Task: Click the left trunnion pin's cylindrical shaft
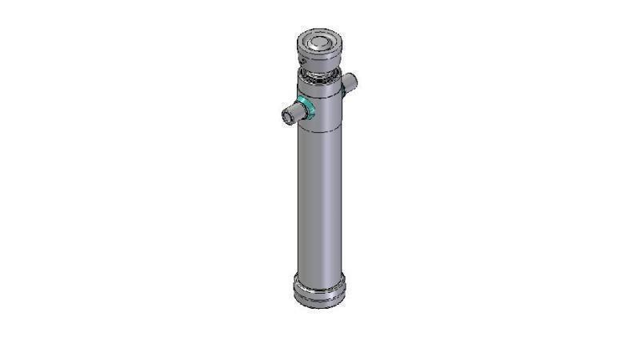click(x=294, y=113)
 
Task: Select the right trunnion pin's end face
click(x=353, y=79)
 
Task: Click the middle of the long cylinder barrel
click(x=319, y=200)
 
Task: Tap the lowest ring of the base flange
click(x=320, y=302)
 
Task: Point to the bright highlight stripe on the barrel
click(x=306, y=200)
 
